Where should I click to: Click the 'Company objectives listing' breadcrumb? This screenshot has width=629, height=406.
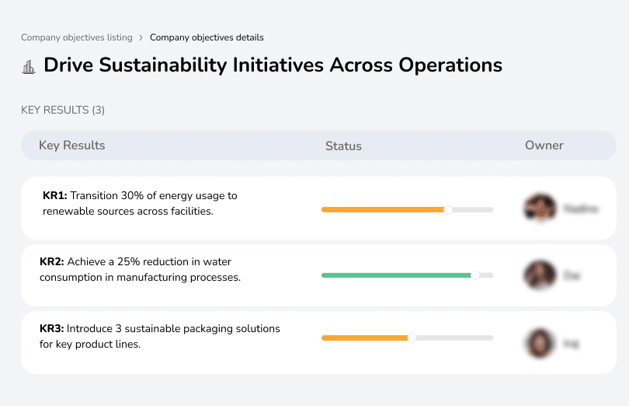tap(76, 37)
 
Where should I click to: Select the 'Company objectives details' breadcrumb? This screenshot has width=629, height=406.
tap(207, 37)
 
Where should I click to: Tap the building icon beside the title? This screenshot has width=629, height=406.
tap(29, 67)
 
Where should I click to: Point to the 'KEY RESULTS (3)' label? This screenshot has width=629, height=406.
tap(63, 110)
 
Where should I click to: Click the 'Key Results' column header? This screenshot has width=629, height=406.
tap(71, 145)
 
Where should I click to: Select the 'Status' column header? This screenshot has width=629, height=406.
tap(343, 146)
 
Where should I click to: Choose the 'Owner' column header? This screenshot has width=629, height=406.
tap(544, 145)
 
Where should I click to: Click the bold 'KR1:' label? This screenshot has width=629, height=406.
tap(54, 196)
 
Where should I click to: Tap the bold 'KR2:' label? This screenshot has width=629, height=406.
tap(52, 262)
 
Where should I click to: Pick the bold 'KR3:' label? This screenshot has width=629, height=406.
tap(52, 329)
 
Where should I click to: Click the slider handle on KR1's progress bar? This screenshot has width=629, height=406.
tap(447, 209)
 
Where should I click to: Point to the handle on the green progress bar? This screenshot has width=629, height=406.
tap(475, 275)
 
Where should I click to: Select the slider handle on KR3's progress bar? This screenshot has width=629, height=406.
tap(412, 338)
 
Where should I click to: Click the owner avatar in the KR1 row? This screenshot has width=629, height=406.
tap(540, 208)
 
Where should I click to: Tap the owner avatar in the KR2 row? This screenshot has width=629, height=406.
tap(540, 275)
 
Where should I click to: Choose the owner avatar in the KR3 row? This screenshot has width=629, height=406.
tap(540, 342)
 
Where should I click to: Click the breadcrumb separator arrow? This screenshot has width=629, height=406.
tap(141, 37)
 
